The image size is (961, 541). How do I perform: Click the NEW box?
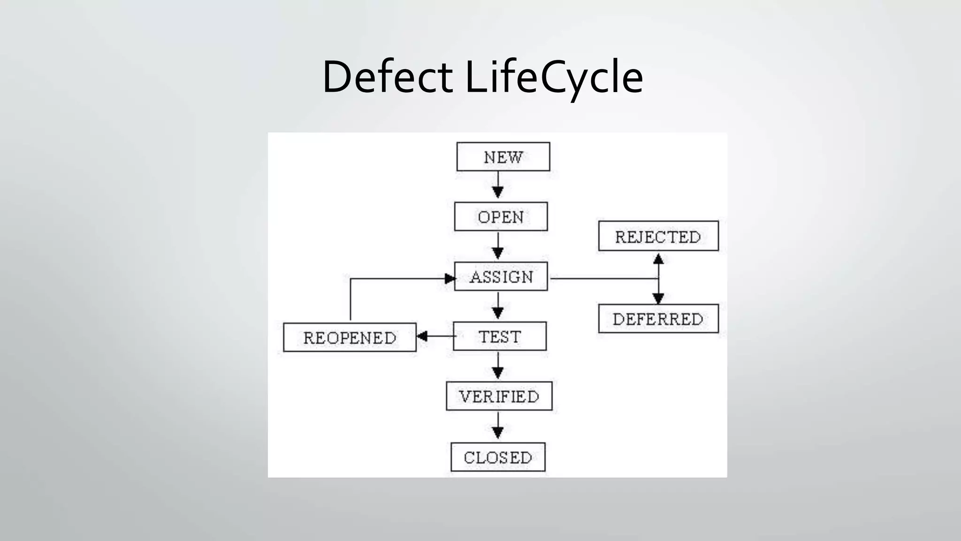pyautogui.click(x=503, y=157)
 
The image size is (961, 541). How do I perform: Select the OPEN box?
pyautogui.click(x=501, y=216)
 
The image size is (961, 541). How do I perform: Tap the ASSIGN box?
pyautogui.click(x=501, y=277)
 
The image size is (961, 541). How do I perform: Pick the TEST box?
pyautogui.click(x=500, y=336)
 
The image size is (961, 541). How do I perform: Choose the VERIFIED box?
pyautogui.click(x=499, y=396)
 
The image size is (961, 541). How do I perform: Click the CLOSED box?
pyautogui.click(x=498, y=457)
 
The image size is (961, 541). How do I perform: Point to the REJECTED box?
pyautogui.click(x=658, y=236)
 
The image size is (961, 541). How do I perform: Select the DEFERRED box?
pyautogui.click(x=658, y=319)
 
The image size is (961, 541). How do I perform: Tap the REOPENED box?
pyautogui.click(x=350, y=337)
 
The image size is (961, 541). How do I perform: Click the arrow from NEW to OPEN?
pyautogui.click(x=498, y=186)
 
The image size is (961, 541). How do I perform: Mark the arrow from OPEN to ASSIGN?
pyautogui.click(x=498, y=247)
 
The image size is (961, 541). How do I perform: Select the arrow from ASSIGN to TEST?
pyautogui.click(x=498, y=306)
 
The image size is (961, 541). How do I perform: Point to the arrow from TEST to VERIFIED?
pyautogui.click(x=498, y=366)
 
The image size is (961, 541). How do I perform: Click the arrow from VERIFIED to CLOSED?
pyautogui.click(x=498, y=426)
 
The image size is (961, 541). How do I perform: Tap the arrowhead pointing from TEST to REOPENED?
pyautogui.click(x=422, y=336)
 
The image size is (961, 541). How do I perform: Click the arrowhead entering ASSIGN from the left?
pyautogui.click(x=450, y=278)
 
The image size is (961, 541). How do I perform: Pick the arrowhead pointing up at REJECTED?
pyautogui.click(x=658, y=259)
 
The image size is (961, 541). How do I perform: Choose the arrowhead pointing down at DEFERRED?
pyautogui.click(x=658, y=298)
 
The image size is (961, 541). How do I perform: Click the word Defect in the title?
pyautogui.click(x=387, y=77)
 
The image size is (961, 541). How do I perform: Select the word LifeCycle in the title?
pyautogui.click(x=554, y=77)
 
